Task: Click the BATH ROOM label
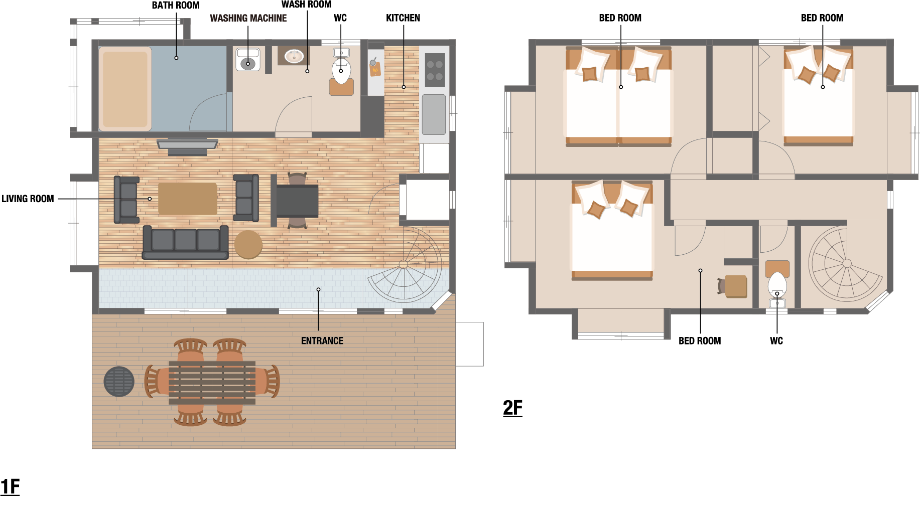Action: coord(176,6)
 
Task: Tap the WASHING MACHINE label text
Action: coord(248,18)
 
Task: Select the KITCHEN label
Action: coord(403,18)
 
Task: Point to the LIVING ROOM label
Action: coord(28,199)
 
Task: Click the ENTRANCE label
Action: coord(322,341)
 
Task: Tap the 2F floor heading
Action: coord(512,408)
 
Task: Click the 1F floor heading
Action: coord(10,486)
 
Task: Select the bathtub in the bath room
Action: coord(125,89)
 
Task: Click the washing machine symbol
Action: coord(248,59)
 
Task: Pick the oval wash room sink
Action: coord(294,56)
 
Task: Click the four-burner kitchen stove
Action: coord(435,70)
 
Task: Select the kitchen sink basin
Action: coord(434,114)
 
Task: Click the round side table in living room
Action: coord(248,245)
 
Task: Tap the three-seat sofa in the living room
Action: coord(186,242)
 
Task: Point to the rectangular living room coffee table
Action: coord(188,199)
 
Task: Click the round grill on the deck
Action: coord(119,382)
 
